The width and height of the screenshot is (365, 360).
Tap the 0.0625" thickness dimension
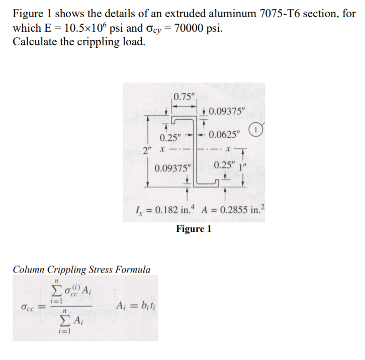[225, 134]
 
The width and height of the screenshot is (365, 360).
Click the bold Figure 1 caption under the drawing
[194, 229]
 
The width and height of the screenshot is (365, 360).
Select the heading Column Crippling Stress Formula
[81, 269]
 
